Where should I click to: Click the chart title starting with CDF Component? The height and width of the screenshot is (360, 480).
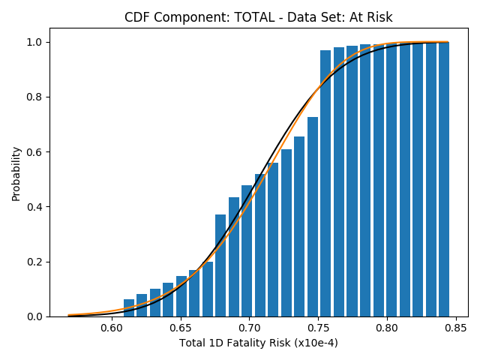tap(258, 17)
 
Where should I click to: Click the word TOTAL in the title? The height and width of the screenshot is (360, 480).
tap(254, 17)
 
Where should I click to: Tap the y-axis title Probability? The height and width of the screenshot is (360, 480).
tap(16, 174)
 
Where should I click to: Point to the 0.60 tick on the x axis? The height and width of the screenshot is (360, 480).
tap(112, 328)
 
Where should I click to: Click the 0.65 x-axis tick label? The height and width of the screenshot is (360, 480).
tap(181, 328)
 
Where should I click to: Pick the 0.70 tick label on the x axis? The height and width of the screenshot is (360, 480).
tap(250, 328)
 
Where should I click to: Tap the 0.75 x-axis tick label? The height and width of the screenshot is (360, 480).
tap(318, 328)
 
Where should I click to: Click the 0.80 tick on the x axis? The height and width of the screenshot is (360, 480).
tap(387, 328)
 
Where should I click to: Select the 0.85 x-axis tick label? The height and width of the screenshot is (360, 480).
tap(456, 328)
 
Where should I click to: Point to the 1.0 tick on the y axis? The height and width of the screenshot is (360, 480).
tap(34, 42)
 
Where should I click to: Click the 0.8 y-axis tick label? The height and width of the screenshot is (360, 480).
tap(34, 97)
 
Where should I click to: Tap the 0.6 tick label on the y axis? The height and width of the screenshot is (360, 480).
tap(34, 152)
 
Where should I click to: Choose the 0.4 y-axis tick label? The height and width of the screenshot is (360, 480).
tap(34, 207)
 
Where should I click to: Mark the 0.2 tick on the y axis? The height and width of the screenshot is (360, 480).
tap(34, 262)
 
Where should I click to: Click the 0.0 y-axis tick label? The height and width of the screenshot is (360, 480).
tap(34, 316)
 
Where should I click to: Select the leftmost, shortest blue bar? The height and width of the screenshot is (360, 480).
tap(129, 308)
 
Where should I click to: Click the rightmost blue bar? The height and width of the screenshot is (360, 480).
tap(444, 179)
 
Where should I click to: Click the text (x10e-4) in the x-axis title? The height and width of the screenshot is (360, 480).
tap(316, 343)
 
